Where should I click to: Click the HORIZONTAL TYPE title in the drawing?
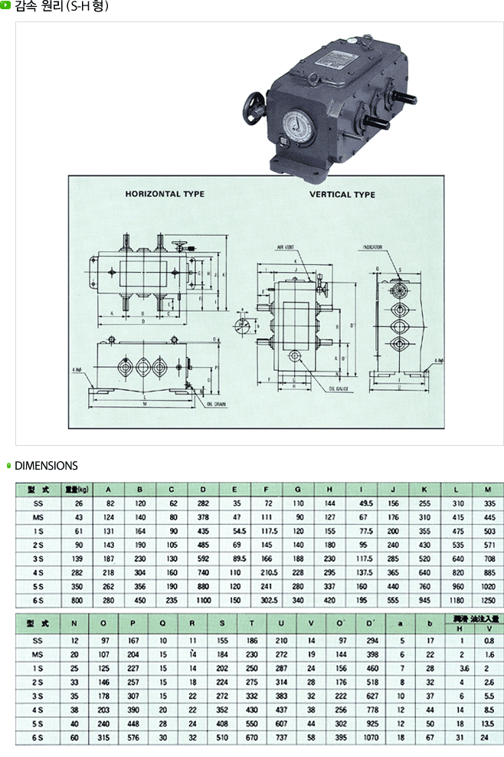(x=165, y=194)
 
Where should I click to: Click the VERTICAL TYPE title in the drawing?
(x=342, y=195)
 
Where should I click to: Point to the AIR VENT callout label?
(x=286, y=247)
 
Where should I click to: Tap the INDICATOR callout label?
(x=372, y=247)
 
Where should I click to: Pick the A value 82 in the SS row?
(x=110, y=503)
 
